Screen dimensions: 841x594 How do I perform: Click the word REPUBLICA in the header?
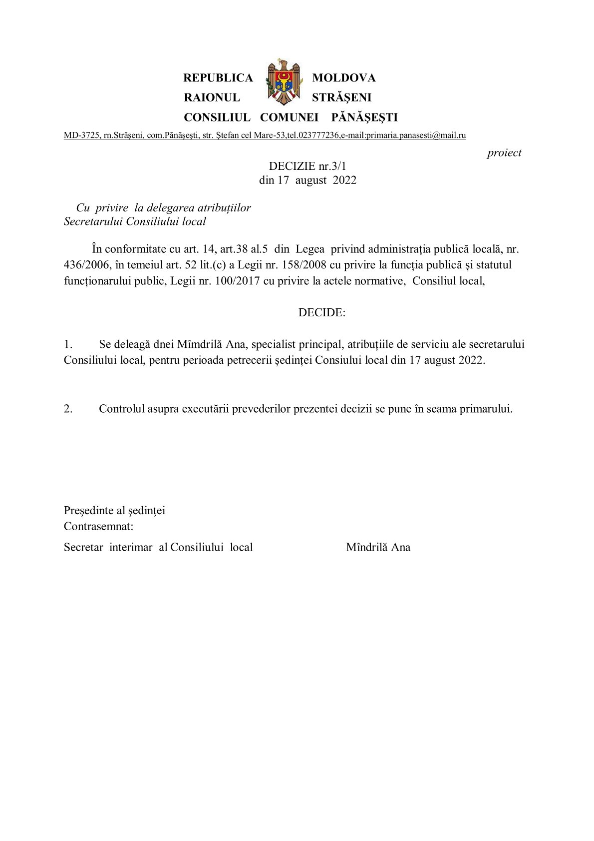(x=218, y=78)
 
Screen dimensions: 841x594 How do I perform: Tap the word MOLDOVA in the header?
(x=343, y=78)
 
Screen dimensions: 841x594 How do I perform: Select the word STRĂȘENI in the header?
(x=341, y=97)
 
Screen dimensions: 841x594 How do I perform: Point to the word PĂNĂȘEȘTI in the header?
(x=364, y=117)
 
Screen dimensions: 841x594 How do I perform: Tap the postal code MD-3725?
(x=81, y=135)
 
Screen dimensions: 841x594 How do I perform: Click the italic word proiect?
(x=504, y=153)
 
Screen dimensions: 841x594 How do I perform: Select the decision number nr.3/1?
(x=332, y=166)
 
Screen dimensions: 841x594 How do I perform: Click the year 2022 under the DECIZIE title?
(x=344, y=180)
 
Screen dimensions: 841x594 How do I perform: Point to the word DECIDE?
(x=322, y=313)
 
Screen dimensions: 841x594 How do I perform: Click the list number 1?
(x=68, y=344)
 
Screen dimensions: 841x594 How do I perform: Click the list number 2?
(x=68, y=409)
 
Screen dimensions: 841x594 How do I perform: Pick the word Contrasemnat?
(x=98, y=526)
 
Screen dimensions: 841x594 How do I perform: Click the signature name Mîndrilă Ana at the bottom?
(x=378, y=547)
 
